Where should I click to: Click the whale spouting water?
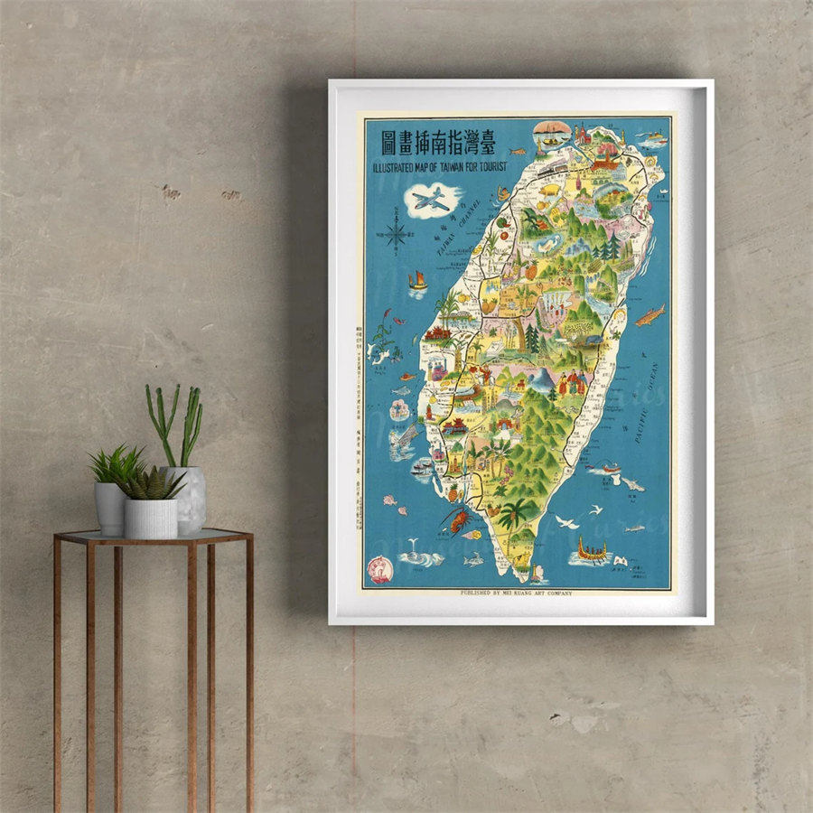point(411,553)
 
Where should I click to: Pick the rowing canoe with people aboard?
point(593,548)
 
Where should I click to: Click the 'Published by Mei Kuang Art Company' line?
point(516,594)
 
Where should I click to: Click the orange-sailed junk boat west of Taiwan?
point(416,281)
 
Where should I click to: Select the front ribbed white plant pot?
point(151,516)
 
